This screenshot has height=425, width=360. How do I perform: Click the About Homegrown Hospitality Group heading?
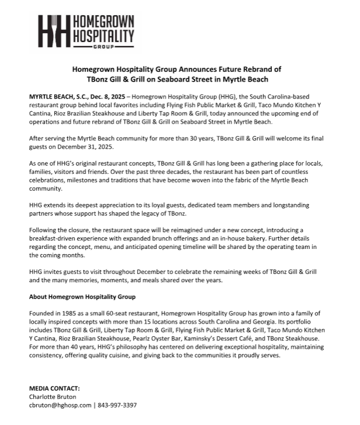pos(82,296)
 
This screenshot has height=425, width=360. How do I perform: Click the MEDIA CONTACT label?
pos(55,388)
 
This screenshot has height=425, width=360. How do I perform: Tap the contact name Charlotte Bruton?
pos(53,396)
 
